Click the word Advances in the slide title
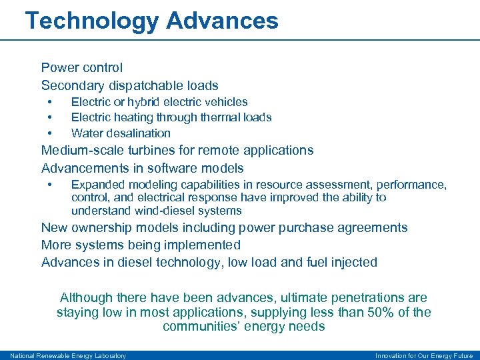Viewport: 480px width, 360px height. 222,21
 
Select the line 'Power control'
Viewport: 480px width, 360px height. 82,67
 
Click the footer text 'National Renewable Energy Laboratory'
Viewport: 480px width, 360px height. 68,355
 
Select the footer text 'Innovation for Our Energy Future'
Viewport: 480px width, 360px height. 424,355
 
